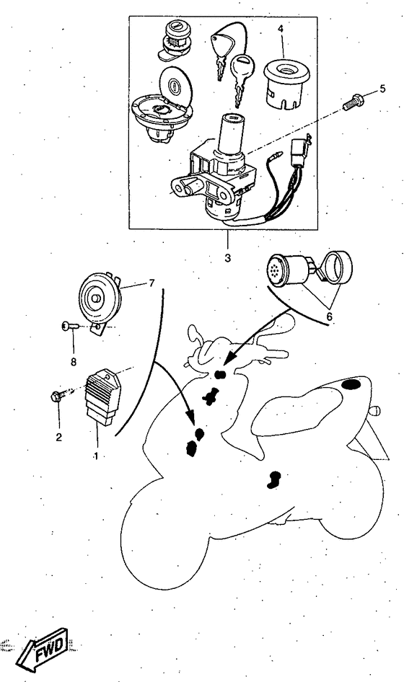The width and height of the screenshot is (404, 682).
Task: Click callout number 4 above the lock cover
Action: (281, 29)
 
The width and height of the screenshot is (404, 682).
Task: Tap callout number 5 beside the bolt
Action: (382, 89)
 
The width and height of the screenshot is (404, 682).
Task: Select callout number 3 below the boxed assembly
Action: (228, 258)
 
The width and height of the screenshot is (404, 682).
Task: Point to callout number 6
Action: (329, 316)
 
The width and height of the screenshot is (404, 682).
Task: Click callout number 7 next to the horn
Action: (151, 283)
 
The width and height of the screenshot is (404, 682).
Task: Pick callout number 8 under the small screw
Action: (73, 361)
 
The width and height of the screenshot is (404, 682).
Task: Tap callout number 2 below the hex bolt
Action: (58, 437)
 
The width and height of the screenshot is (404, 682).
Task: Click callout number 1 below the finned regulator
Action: (96, 456)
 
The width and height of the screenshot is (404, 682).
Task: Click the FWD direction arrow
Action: (43, 650)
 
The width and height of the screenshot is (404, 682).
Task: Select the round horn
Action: (100, 300)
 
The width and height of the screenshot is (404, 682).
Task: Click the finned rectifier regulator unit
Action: (103, 395)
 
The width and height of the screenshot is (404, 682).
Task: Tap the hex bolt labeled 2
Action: (60, 395)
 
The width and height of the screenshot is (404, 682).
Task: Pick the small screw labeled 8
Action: (70, 325)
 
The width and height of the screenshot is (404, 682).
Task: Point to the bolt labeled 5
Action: (353, 102)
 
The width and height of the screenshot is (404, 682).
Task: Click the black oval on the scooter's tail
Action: (351, 384)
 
